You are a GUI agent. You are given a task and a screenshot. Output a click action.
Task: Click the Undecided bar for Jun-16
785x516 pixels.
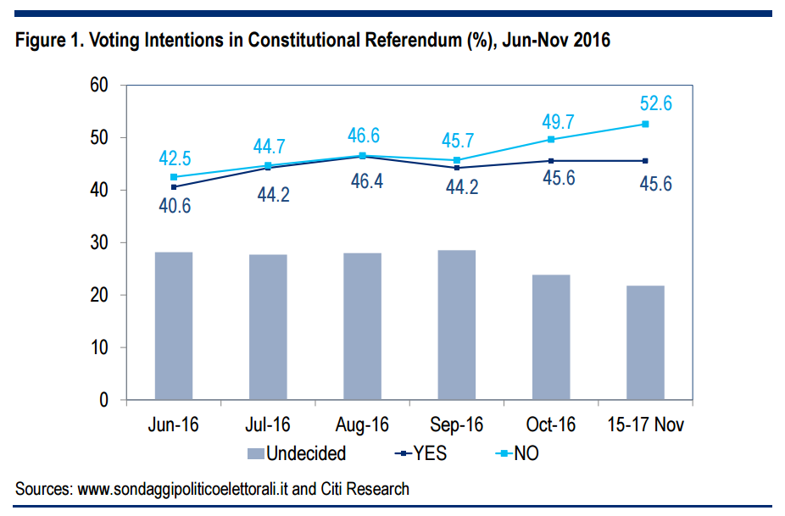coord(173,325)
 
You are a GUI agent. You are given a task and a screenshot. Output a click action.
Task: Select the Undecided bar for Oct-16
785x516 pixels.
coord(551,337)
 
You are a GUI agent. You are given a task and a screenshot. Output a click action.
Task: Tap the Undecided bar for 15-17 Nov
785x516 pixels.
coord(645,342)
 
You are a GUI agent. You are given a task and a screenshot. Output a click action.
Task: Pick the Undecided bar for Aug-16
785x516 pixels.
coord(362,326)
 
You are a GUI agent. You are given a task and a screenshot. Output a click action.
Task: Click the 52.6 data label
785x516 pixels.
coord(655,104)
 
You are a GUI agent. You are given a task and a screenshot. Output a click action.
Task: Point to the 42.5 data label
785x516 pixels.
coord(175,158)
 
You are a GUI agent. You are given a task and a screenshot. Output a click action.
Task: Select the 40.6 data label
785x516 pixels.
coord(175,205)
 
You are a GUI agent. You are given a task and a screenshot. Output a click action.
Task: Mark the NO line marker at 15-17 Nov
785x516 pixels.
coord(645,124)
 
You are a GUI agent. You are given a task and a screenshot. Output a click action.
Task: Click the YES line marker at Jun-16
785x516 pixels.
coord(174,186)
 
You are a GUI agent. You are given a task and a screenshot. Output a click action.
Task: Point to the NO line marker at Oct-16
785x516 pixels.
coord(551,139)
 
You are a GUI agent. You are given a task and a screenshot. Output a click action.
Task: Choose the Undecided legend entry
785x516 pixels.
coord(297,453)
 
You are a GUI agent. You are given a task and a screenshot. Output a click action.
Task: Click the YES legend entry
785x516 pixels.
coord(421,453)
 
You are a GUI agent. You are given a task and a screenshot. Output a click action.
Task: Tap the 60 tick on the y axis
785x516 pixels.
coord(101,86)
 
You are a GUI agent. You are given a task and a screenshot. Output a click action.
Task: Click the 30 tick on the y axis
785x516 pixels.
coord(101,243)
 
